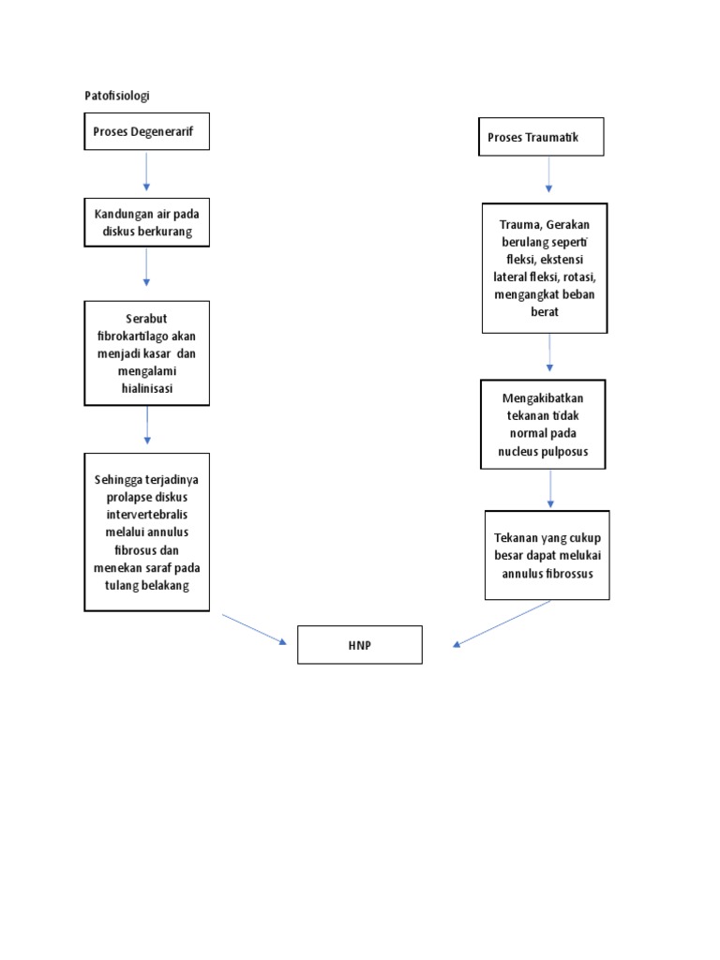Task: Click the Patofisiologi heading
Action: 117,96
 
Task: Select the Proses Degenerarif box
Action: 146,131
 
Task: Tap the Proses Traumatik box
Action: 541,137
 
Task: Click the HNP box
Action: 360,645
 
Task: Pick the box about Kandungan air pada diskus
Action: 146,222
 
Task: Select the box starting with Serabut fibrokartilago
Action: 146,352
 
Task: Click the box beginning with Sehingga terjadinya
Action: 146,532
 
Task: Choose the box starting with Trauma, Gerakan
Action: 545,267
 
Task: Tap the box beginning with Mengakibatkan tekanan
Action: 543,424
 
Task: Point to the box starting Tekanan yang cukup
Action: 547,555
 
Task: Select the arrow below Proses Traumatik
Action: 549,174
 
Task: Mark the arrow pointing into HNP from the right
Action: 502,623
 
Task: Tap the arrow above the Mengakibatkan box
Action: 550,353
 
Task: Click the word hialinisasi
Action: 146,388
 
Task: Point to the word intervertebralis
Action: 146,515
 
